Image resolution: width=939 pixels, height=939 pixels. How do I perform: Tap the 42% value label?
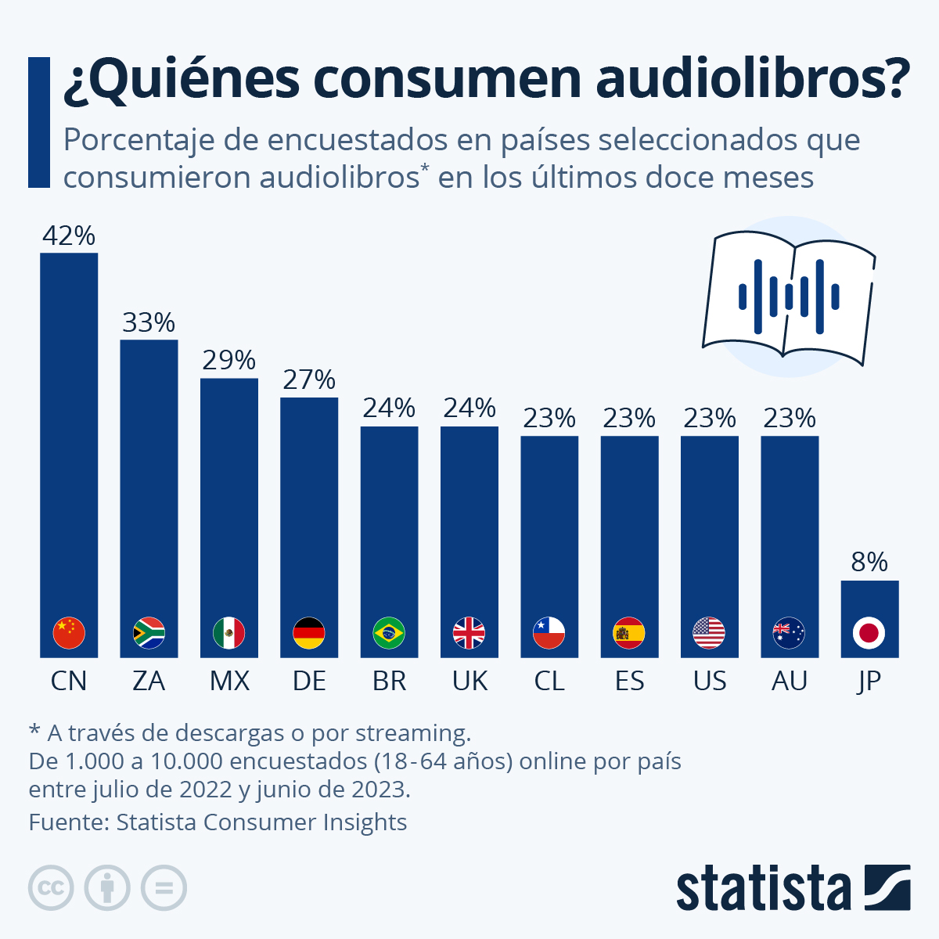(x=69, y=236)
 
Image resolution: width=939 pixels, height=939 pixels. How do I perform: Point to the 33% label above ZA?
(x=149, y=322)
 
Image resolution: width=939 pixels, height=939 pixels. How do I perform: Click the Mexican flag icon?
(x=229, y=633)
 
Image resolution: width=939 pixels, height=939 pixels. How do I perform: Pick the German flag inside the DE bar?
(x=309, y=633)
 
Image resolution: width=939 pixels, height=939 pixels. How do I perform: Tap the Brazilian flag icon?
(x=389, y=633)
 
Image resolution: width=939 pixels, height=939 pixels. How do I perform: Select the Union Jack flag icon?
(x=469, y=633)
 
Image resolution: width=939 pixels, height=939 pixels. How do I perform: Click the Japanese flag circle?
(x=869, y=633)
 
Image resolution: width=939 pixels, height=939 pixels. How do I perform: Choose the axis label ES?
(x=629, y=681)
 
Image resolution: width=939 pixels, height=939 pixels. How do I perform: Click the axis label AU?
(x=790, y=681)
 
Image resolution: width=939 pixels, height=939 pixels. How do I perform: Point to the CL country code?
(x=549, y=681)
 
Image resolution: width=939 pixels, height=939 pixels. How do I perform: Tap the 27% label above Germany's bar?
(x=309, y=380)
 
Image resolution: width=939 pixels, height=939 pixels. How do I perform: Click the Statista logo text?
(x=763, y=888)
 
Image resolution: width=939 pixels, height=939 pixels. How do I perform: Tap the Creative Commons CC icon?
(x=51, y=888)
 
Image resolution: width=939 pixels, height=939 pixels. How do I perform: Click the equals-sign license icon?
(x=164, y=888)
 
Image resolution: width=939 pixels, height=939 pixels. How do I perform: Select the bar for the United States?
(x=710, y=532)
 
